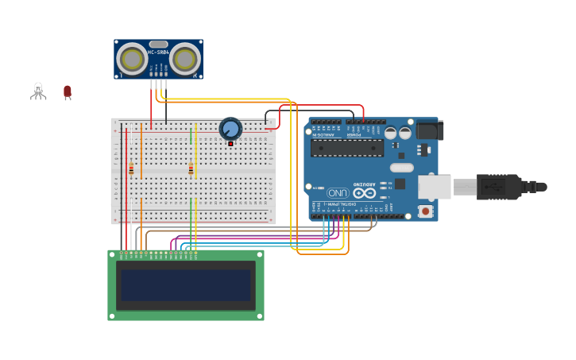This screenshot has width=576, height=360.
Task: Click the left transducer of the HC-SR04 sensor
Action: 132,60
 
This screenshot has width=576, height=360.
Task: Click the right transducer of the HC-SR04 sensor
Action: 185,60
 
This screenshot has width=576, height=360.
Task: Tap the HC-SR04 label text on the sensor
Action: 158,52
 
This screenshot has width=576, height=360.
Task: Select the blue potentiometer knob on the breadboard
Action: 230,129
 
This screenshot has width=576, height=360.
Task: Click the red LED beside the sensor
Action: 68,92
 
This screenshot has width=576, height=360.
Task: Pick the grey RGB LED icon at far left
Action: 38,91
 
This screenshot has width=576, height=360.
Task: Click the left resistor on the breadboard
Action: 131,168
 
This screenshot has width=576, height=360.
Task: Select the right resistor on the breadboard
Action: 191,168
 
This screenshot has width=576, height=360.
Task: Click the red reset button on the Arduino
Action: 426,211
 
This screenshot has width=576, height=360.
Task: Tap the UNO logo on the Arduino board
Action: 338,193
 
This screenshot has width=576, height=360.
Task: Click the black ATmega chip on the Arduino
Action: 347,148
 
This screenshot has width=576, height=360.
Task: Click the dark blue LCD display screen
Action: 186,285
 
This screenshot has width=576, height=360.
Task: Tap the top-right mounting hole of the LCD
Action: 258,256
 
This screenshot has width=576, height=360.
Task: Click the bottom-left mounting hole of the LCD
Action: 114,315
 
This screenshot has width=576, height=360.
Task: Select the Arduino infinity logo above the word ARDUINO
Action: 365,193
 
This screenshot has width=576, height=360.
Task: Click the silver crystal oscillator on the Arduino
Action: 402,168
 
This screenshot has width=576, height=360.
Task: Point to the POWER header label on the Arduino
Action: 354,134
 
